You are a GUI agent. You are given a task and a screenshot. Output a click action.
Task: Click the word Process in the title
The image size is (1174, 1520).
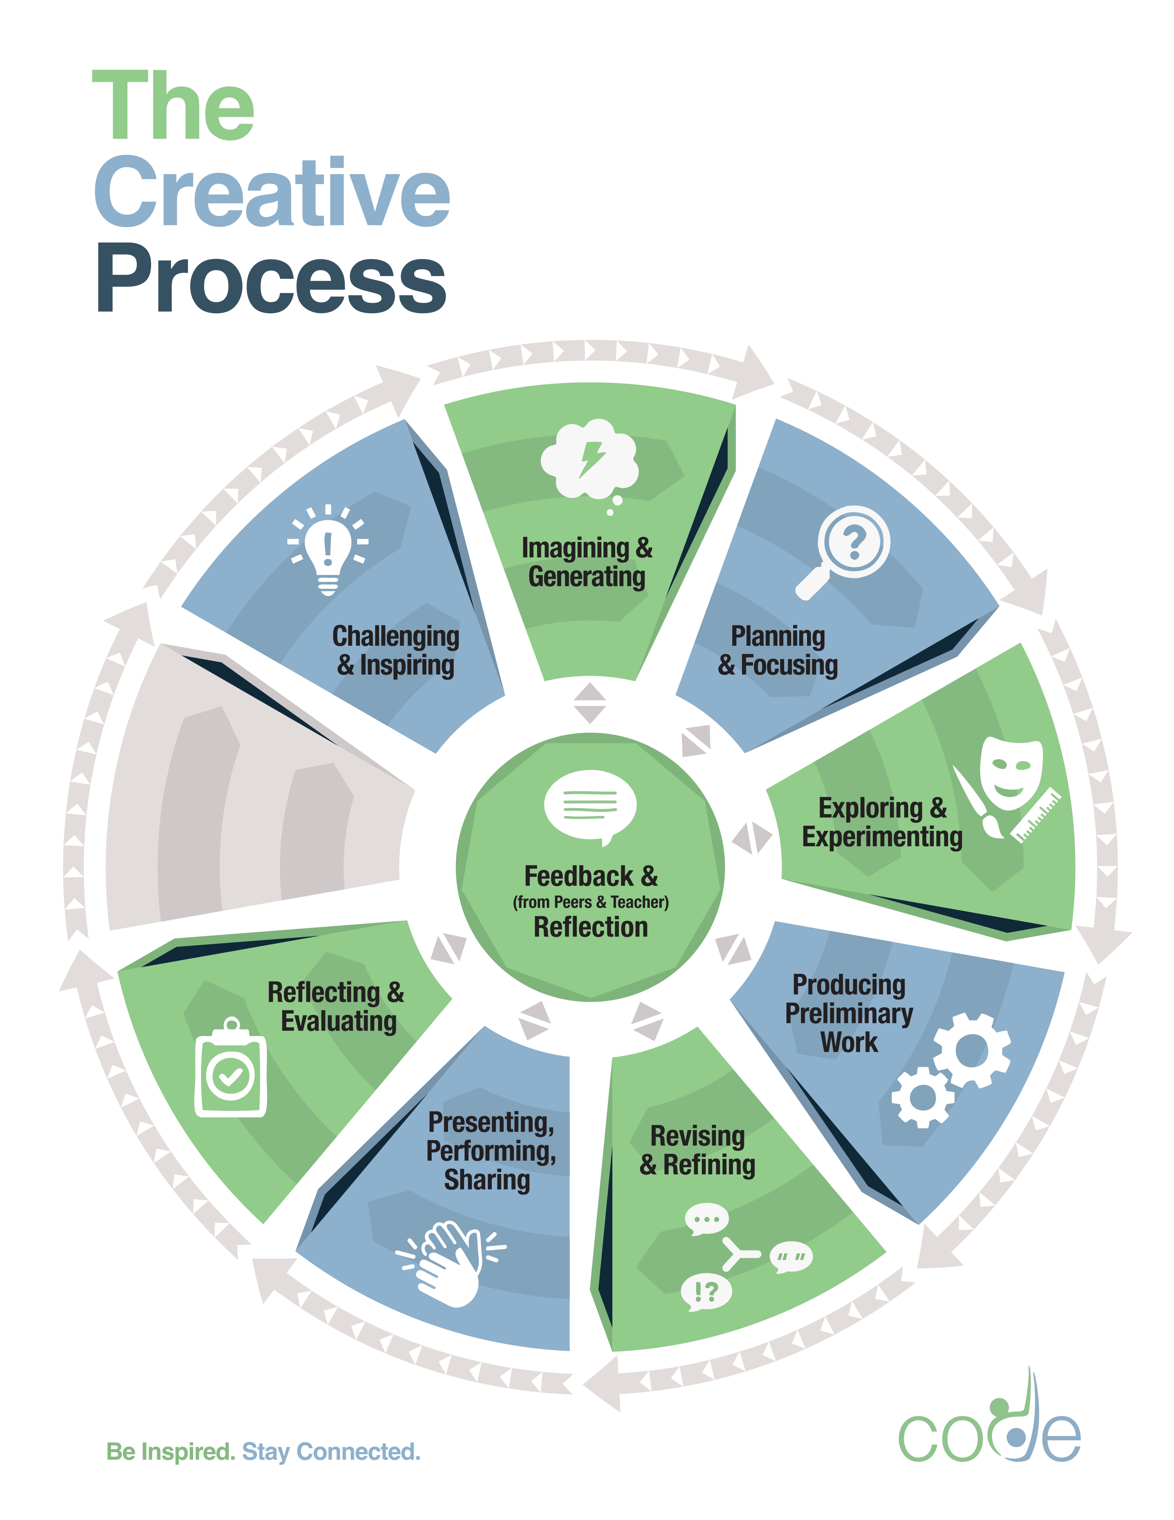point(271,278)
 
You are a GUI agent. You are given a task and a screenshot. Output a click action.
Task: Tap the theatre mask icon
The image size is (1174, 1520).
point(1011,774)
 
